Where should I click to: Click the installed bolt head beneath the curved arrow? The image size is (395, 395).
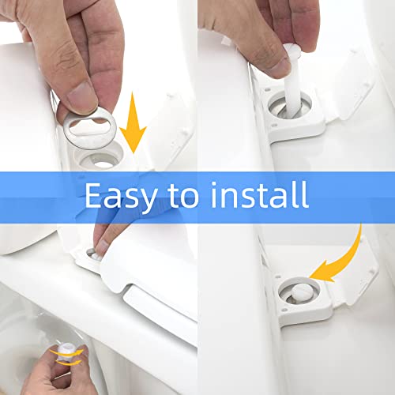click(297, 293)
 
